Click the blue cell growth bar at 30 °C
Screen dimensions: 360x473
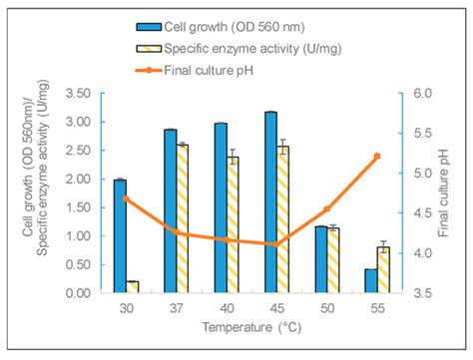point(120,236)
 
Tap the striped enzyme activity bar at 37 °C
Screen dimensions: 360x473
point(183,218)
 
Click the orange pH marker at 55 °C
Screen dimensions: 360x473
point(377,156)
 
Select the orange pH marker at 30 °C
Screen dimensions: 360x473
point(126,198)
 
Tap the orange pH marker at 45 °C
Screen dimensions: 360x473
point(276,244)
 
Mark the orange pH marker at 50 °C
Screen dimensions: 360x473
point(326,209)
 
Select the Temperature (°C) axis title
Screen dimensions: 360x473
point(250,327)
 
